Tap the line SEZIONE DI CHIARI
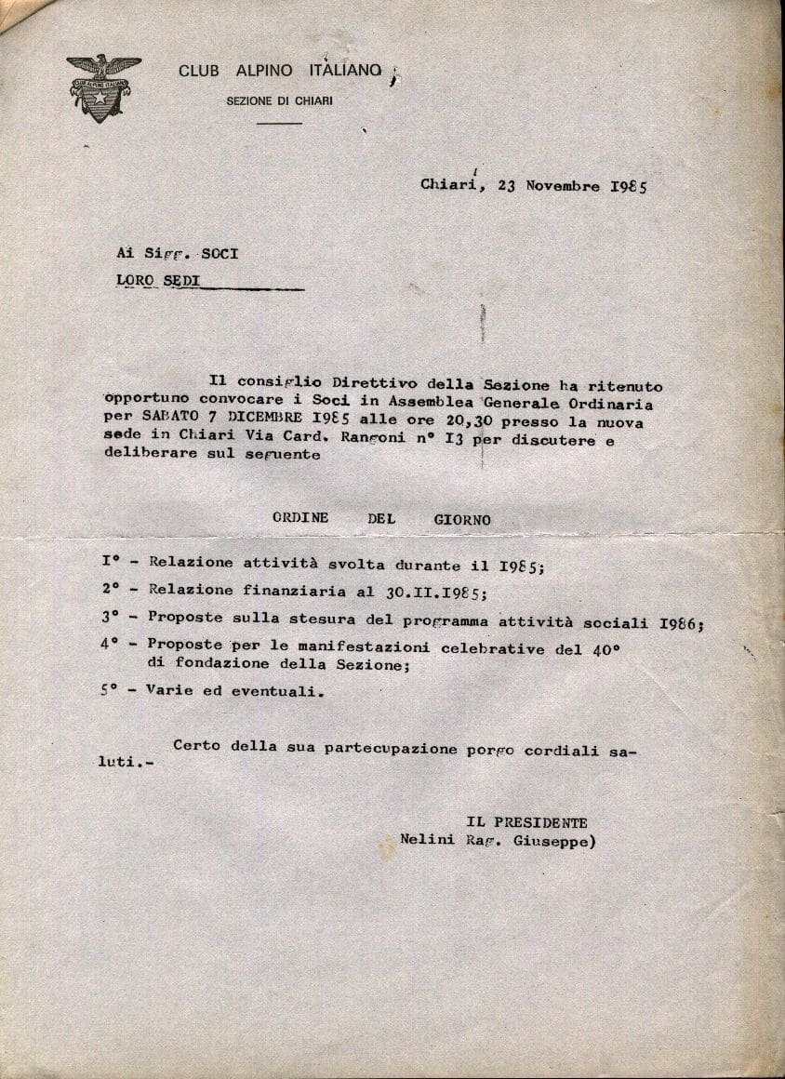pyautogui.click(x=279, y=101)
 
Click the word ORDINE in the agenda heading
pyautogui.click(x=300, y=519)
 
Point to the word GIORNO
pyautogui.click(x=461, y=520)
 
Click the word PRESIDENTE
pyautogui.click(x=542, y=822)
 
